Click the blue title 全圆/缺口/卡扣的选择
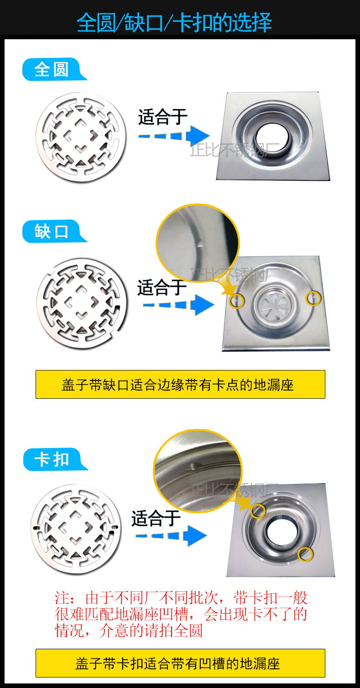pos(174,22)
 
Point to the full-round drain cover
pos(81,137)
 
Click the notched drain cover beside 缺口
pos(82,303)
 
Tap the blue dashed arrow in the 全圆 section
pos(174,136)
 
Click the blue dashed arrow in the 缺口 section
pos(178,305)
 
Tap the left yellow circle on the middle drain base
pos(236,301)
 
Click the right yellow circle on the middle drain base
pos(313,298)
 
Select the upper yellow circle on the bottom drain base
pos(258,511)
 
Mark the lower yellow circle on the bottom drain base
pos(305,554)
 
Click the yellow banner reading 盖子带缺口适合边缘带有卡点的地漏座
pos(180,384)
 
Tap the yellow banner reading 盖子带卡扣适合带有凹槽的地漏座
pos(180,663)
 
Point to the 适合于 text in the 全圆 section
pos(163,117)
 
